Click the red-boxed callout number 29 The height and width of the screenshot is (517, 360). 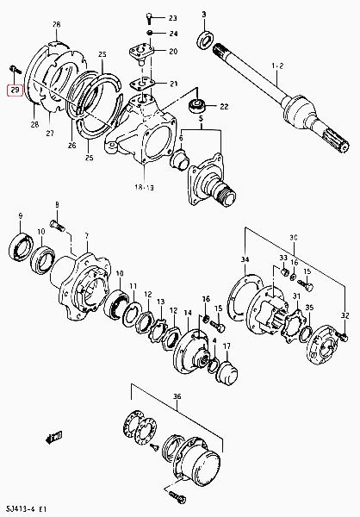tap(16, 90)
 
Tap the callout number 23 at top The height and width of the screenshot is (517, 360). tap(173, 18)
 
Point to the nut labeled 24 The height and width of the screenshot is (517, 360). tap(150, 33)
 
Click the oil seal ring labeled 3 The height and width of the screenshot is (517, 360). tap(206, 40)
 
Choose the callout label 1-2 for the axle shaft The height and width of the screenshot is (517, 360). tap(277, 66)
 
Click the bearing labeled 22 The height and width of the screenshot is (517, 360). tap(197, 105)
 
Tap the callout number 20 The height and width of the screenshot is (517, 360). tap(173, 51)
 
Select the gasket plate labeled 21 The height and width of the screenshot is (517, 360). tap(142, 83)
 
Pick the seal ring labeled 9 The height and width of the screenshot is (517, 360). tap(21, 247)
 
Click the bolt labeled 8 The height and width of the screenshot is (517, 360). tap(58, 226)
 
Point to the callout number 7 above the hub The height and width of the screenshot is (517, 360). tap(87, 236)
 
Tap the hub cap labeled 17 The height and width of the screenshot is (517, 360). tap(227, 373)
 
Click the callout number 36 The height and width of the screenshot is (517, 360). tap(177, 396)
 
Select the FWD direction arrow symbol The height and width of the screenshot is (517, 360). tap(53, 438)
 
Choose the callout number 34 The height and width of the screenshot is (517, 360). tap(245, 259)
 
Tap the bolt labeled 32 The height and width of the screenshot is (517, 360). tap(342, 336)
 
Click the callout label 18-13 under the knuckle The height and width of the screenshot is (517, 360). tap(144, 188)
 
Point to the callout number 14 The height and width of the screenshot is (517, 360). tap(188, 313)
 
